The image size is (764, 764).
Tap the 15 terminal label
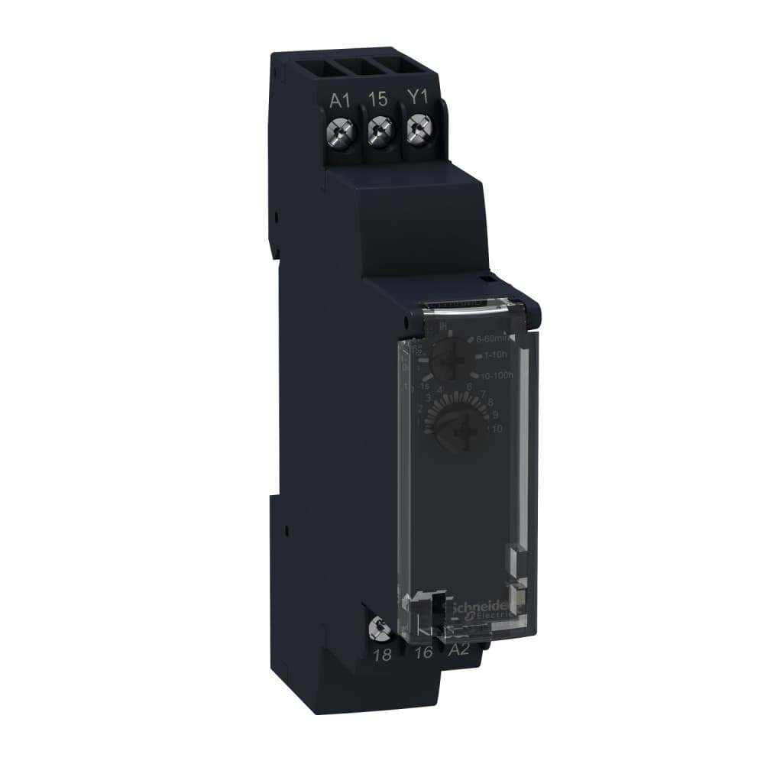pyautogui.click(x=377, y=99)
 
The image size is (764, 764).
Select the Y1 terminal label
pyautogui.click(x=416, y=99)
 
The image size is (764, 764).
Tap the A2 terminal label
pyautogui.click(x=457, y=651)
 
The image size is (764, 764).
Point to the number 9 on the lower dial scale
pyautogui.click(x=495, y=414)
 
